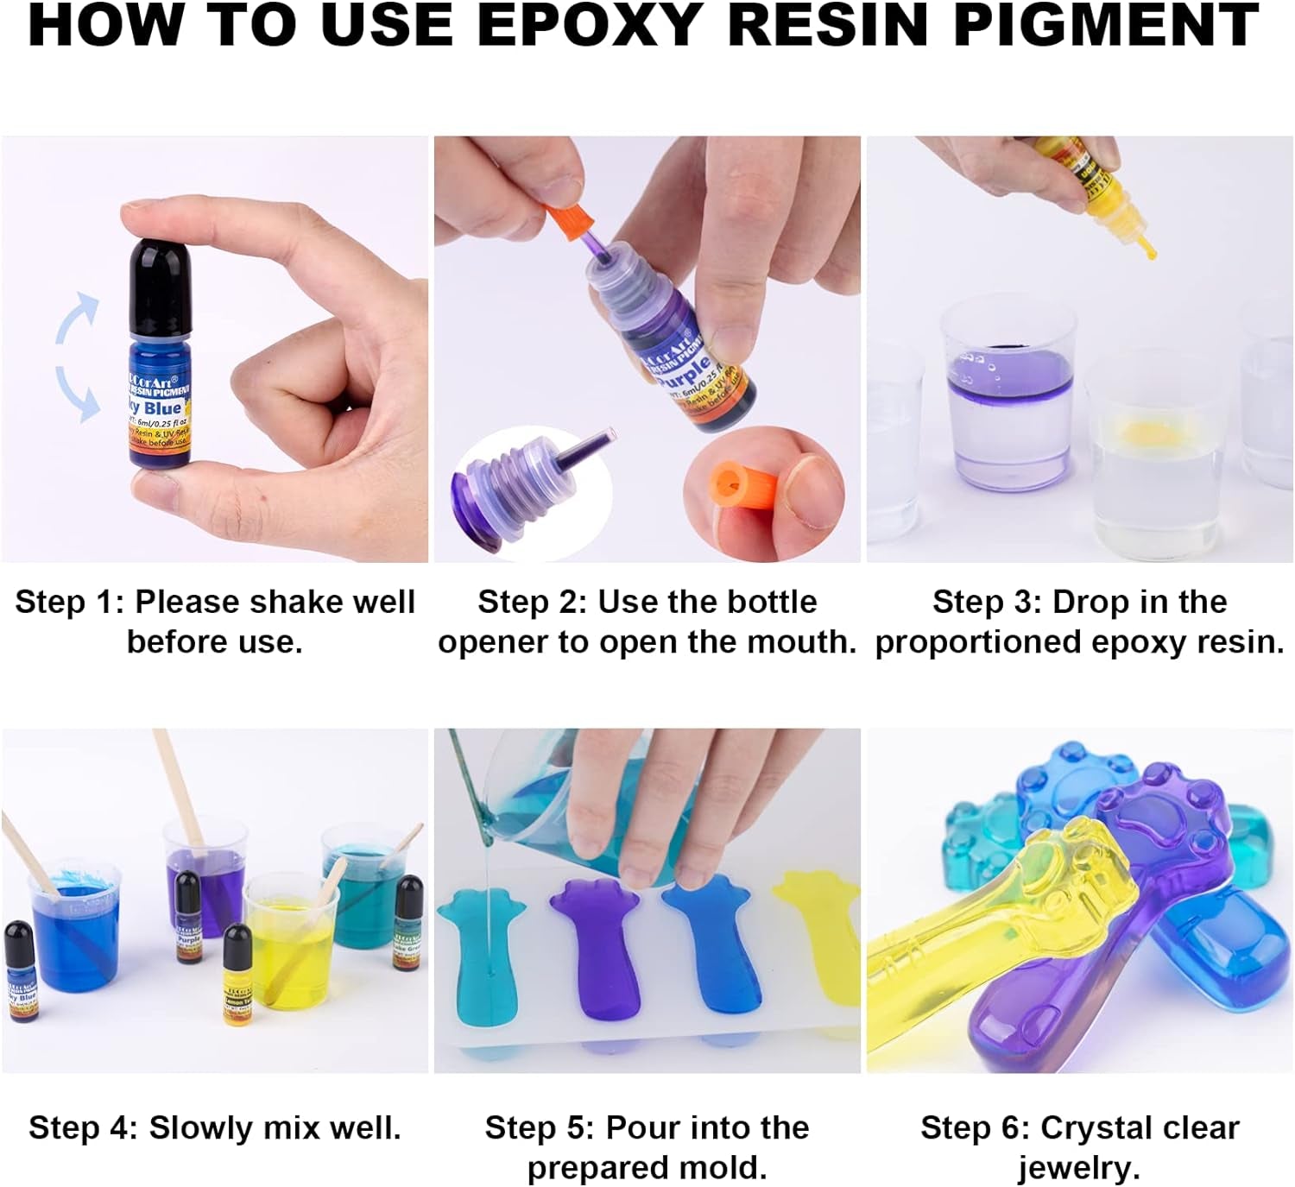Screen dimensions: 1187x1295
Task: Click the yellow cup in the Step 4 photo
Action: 289,950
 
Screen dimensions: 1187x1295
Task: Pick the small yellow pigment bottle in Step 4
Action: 237,975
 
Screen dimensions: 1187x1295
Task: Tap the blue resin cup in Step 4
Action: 73,932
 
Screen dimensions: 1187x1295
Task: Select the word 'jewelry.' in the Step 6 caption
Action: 1079,1167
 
